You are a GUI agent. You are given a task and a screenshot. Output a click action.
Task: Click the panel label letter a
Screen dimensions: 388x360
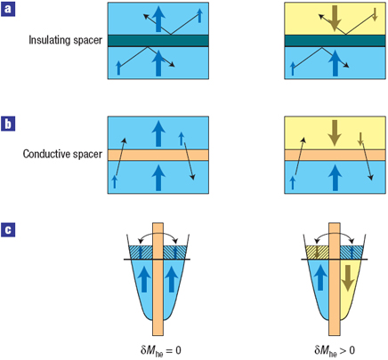[8, 9]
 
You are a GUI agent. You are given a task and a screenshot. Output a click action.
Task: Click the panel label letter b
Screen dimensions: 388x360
[8, 124]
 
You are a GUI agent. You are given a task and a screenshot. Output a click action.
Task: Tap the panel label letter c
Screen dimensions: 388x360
[8, 230]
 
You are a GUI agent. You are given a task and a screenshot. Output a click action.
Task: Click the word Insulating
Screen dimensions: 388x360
[48, 40]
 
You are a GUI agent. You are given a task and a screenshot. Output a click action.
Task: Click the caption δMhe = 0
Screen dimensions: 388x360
[161, 351]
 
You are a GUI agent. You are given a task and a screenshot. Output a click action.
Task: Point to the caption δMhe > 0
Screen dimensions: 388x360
[335, 351]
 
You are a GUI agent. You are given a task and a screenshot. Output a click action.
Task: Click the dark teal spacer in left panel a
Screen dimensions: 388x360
[158, 41]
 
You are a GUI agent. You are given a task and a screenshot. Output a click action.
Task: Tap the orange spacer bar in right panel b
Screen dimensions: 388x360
[335, 155]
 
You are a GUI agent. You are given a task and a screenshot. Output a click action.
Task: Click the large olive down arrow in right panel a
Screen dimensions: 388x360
[335, 19]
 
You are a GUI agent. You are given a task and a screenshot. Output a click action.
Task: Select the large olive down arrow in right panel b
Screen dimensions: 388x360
[335, 133]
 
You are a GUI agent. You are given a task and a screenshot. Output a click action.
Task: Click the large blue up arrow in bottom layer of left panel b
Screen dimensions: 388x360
[158, 178]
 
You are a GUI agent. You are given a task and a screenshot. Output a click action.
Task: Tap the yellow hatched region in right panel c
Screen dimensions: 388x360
[318, 252]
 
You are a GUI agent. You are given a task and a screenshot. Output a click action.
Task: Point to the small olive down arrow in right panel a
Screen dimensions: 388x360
[375, 14]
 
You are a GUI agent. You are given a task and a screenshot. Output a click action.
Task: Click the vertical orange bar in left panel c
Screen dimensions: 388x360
[158, 279]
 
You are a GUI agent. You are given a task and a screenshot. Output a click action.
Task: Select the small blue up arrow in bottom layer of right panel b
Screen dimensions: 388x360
[293, 182]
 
